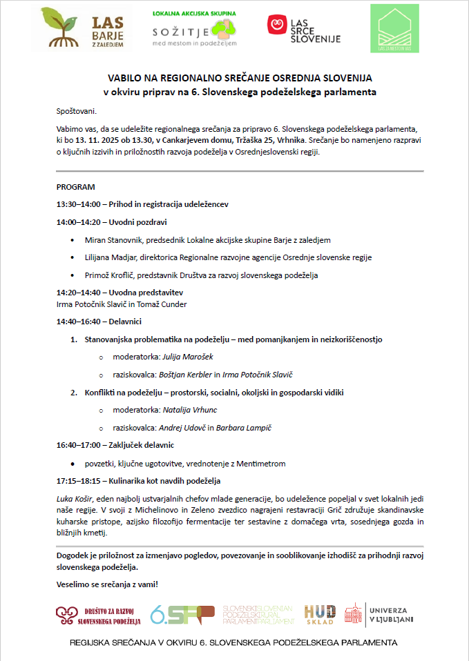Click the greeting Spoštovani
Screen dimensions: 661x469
point(77,111)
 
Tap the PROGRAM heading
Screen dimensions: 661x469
point(76,187)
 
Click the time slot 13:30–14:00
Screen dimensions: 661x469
point(79,204)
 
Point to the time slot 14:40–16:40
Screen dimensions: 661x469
point(79,322)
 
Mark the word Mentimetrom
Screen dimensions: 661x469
point(261,464)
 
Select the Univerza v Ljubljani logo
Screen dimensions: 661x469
point(380,614)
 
